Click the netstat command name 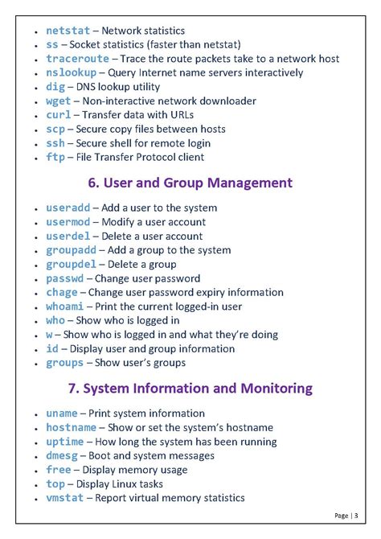click(x=68, y=31)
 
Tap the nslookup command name click(x=72, y=73)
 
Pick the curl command click(x=59, y=115)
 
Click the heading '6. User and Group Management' click(x=190, y=183)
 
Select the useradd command click(x=68, y=208)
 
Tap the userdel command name click(x=68, y=237)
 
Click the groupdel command click(x=72, y=264)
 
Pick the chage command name click(x=62, y=293)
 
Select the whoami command click(x=63, y=307)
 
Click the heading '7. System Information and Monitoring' click(x=190, y=389)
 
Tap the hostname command click(x=72, y=427)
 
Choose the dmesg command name click(x=62, y=455)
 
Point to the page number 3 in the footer click(x=357, y=516)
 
